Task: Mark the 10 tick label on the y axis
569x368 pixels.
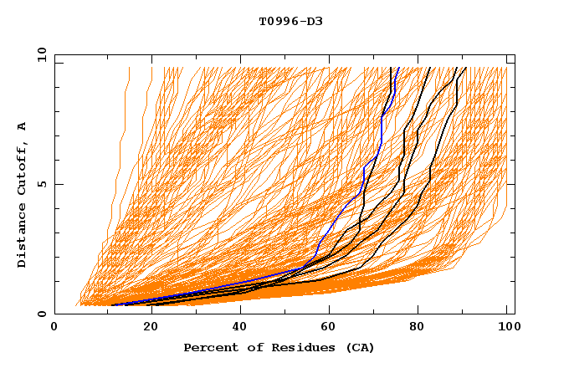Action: pos(41,54)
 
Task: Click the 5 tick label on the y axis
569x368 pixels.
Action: pos(44,184)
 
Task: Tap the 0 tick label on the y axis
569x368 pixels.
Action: pos(44,314)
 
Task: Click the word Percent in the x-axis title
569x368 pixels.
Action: pos(207,347)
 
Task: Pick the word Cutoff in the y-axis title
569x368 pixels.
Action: pos(23,167)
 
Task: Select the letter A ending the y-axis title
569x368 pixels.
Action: pos(23,126)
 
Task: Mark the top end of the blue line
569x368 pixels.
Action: pos(398,69)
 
